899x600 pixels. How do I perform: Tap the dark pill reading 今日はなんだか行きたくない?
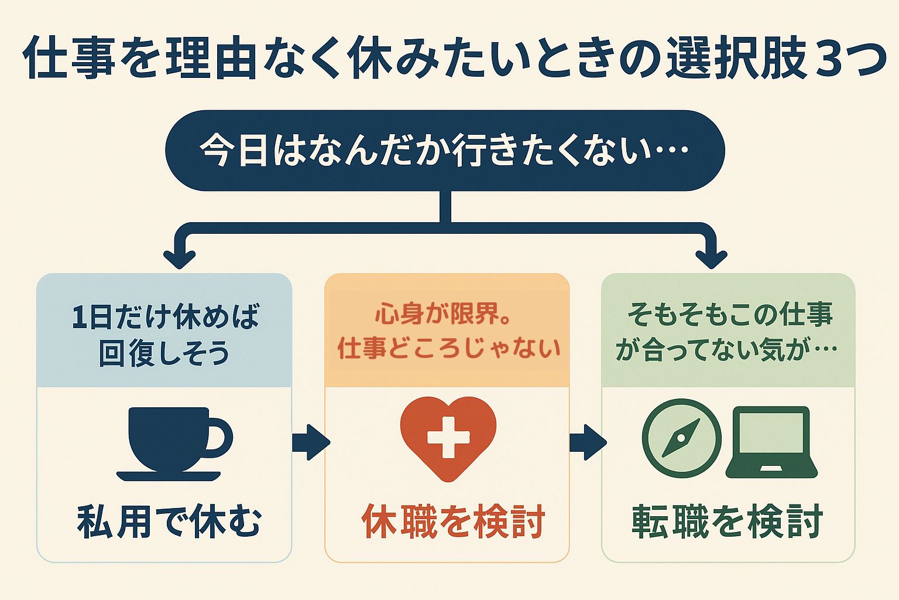coord(445,151)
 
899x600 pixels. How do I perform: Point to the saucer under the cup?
coord(169,476)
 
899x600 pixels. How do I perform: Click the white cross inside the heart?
coord(448,437)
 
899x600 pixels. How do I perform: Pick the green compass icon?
coord(681,438)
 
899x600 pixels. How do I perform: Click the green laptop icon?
coord(771,442)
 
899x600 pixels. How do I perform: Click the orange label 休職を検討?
coord(454,521)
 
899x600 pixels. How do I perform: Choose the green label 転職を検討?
coord(728,521)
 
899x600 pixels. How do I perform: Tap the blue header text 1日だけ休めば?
coord(166,316)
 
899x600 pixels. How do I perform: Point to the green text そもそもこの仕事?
coord(730,314)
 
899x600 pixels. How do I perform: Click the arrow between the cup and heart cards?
coord(311,442)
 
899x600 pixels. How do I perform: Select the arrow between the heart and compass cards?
coord(588,442)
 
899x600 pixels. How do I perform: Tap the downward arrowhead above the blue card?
coord(180,259)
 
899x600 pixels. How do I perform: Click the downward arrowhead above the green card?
coord(711,259)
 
